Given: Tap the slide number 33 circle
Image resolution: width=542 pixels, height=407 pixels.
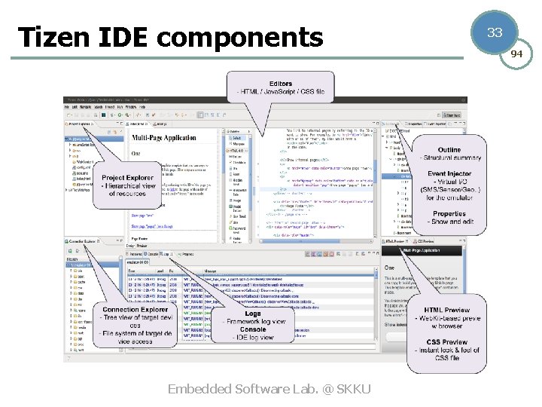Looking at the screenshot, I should coord(495,32).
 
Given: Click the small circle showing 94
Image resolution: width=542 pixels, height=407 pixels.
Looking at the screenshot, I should coord(516,54).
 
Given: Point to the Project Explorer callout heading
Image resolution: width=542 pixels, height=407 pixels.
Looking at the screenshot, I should coord(127,178).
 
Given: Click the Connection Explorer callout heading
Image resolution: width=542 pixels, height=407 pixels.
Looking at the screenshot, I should coord(135,310).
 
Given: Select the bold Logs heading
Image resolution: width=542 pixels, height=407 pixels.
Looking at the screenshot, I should coord(253,314).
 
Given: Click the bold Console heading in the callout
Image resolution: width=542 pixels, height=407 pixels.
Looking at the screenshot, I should coord(253,329).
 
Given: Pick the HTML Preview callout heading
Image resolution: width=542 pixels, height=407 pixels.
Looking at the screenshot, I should coord(447,310).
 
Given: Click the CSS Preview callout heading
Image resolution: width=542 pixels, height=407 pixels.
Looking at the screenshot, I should coord(447,341).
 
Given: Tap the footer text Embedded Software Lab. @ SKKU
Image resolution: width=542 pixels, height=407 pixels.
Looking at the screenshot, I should coord(269,389).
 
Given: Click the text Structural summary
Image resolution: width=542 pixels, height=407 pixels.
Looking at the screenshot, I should coord(451,158).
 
